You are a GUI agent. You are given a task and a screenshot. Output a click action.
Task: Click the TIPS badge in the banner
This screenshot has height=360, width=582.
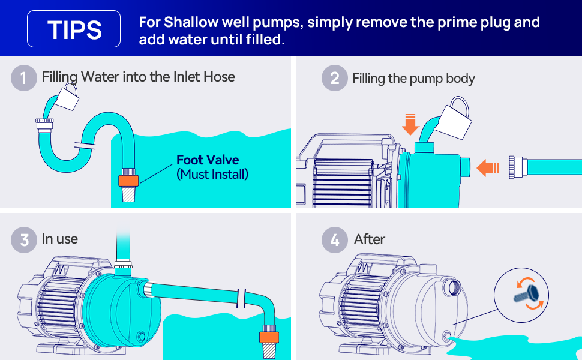pos(73,29)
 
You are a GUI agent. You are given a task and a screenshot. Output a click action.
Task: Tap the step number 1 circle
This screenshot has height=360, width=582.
pos(24,78)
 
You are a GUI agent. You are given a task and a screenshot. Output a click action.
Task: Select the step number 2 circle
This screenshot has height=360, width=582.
pos(334,78)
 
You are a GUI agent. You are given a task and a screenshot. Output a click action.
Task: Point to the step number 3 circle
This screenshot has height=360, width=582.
pos(24,240)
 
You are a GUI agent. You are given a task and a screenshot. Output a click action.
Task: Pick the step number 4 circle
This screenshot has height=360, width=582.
pos(334,240)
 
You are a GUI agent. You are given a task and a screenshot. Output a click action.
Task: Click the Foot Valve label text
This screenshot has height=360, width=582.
pos(208,160)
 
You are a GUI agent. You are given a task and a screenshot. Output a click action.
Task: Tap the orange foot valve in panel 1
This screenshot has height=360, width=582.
pos(128,181)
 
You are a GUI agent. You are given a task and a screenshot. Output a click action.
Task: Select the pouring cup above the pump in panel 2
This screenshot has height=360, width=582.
pos(454,119)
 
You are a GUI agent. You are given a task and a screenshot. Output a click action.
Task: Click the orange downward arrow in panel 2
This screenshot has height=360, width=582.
pos(410,125)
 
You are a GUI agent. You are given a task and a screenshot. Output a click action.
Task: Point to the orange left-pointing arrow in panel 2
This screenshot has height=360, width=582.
pos(487,168)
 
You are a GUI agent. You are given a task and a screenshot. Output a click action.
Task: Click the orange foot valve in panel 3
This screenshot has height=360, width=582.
pos(269,337)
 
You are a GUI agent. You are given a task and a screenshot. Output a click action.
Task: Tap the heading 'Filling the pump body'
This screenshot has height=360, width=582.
pos(413,79)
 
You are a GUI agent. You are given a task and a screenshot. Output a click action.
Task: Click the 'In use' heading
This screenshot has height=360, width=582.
pos(60,239)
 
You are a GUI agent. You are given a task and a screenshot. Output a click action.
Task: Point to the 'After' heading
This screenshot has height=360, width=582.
pos(370,239)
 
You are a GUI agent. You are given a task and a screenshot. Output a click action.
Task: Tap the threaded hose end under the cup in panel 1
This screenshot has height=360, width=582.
pos(44,124)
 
